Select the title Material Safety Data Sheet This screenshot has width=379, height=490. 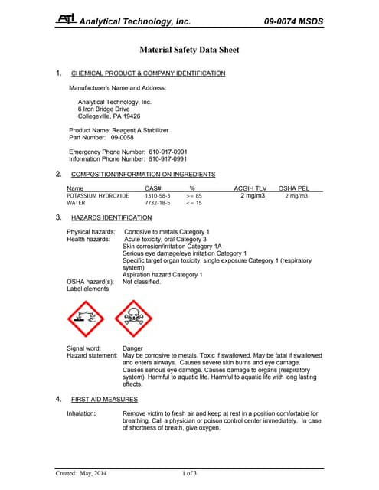tap(189, 50)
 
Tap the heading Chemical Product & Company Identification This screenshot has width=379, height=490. tap(148, 73)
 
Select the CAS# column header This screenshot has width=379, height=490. tap(152, 188)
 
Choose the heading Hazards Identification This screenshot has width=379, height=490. tap(111, 218)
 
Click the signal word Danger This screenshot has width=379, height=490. tap(132, 348)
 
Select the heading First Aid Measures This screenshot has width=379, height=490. tap(104, 400)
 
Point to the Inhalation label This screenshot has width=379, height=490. tap(81, 413)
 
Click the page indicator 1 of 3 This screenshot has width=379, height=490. tap(189, 474)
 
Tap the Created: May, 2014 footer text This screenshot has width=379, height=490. tap(80, 474)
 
